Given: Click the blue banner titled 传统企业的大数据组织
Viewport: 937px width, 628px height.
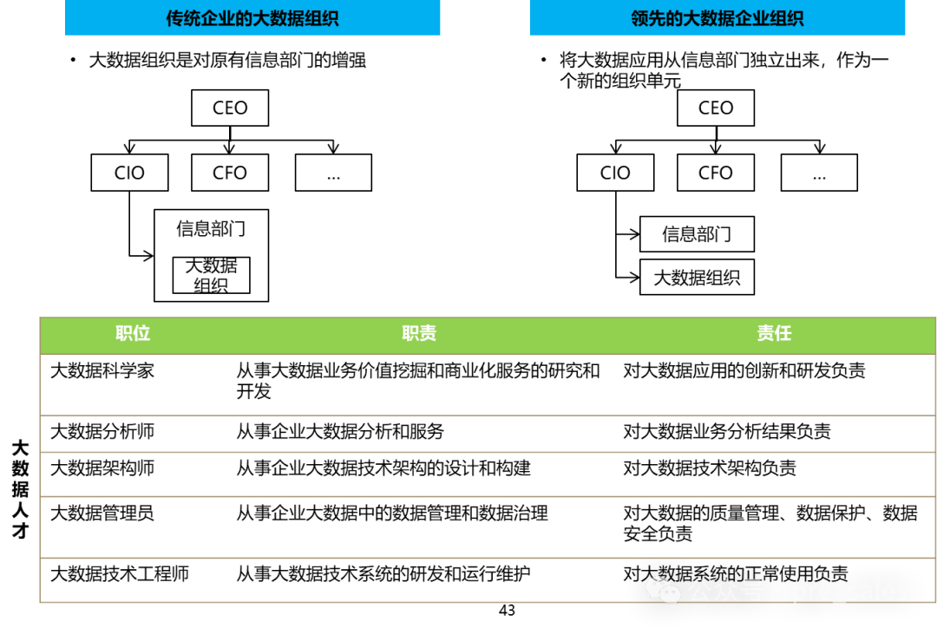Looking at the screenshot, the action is [252, 18].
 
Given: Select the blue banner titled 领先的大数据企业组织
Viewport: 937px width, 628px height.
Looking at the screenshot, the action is [717, 18].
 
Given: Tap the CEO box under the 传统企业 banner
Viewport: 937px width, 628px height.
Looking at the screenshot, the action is [230, 108].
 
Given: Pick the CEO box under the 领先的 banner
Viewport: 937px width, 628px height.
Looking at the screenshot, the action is [716, 108].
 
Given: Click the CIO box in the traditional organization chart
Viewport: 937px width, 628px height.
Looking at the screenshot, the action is [129, 173].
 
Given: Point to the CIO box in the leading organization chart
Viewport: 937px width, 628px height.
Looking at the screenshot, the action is [615, 173].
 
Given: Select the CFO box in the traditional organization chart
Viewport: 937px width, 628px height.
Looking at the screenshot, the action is [230, 173].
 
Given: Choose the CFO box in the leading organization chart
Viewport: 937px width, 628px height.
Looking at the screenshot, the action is [716, 173].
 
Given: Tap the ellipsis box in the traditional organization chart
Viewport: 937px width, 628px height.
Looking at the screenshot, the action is [333, 173].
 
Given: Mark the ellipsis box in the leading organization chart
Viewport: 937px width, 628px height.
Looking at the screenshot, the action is [819, 173].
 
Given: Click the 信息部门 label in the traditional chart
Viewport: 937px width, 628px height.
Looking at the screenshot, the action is [211, 229].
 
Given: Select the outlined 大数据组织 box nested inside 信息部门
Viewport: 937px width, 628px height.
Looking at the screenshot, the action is [211, 275].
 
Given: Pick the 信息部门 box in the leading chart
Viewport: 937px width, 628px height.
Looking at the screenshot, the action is [697, 234].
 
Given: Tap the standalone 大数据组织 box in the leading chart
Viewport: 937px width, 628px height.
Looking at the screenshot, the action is [697, 278].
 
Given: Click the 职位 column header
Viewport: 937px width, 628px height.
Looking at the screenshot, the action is [133, 334].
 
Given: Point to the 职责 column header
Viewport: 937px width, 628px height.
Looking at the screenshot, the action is [419, 334].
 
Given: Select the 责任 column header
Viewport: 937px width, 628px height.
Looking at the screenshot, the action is [774, 334].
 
